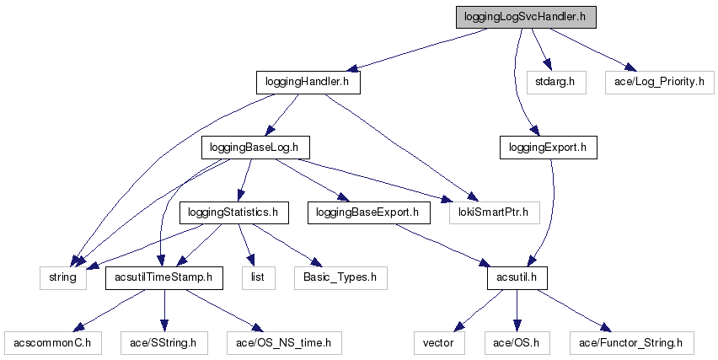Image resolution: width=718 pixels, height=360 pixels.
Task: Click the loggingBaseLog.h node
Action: click(x=255, y=148)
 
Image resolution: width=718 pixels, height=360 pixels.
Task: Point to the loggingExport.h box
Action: click(x=548, y=148)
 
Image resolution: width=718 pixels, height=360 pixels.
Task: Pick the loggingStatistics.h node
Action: click(x=233, y=212)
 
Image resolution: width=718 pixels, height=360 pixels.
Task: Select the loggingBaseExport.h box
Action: click(x=367, y=212)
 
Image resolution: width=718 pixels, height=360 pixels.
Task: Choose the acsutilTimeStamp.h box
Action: click(x=163, y=277)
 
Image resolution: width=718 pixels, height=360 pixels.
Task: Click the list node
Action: click(x=258, y=277)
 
